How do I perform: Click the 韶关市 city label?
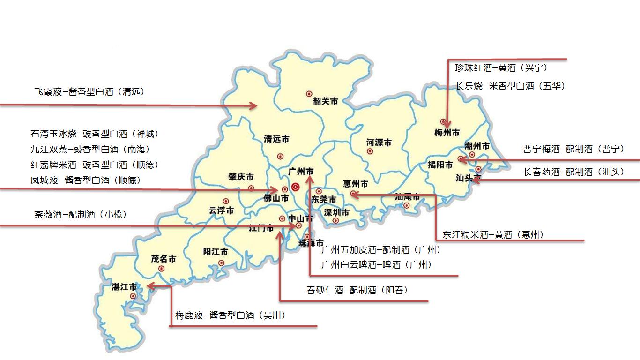click(x=326, y=101)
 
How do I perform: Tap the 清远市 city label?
click(x=276, y=139)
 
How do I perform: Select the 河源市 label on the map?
click(x=379, y=142)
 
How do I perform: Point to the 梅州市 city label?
click(x=447, y=133)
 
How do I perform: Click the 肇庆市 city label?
click(x=241, y=177)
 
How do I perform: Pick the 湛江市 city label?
click(x=124, y=286)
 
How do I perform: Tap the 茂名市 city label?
click(x=164, y=258)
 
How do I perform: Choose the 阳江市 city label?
click(x=216, y=252)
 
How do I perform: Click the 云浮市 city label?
click(x=221, y=210)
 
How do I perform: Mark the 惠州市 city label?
click(x=355, y=183)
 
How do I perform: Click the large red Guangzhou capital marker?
click(x=295, y=187)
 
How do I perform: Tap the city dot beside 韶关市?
click(x=309, y=94)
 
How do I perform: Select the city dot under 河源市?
click(x=370, y=151)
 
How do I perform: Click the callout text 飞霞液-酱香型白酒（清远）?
click(x=89, y=92)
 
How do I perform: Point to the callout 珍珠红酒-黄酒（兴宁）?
click(x=501, y=68)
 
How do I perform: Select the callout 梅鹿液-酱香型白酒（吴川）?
click(x=231, y=315)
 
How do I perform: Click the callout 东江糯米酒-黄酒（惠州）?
click(x=493, y=235)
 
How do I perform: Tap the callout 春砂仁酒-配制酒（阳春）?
click(x=357, y=290)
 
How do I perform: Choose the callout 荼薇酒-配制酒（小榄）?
click(x=80, y=215)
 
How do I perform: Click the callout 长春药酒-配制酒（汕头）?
click(x=573, y=172)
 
